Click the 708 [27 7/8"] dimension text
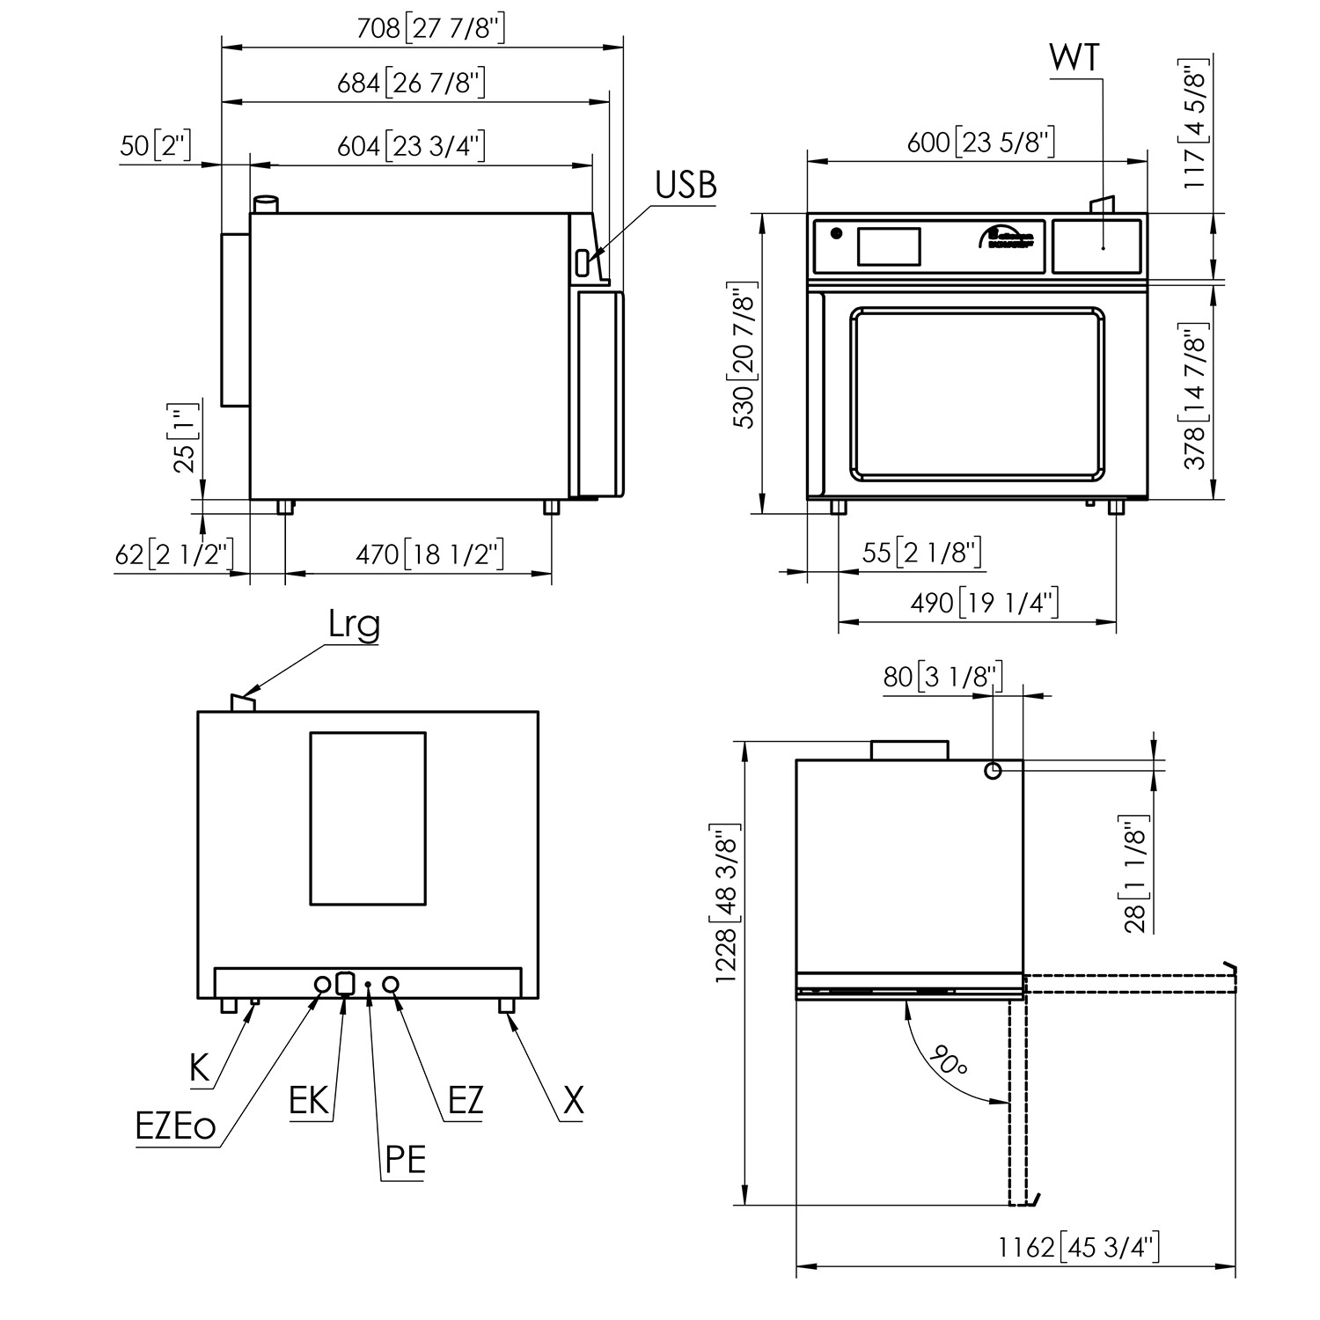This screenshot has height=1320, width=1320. (x=431, y=28)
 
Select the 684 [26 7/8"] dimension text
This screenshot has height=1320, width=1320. (x=412, y=83)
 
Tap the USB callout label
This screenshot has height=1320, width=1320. (x=686, y=187)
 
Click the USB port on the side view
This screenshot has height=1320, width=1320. (x=583, y=261)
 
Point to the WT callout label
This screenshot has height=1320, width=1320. (x=1074, y=59)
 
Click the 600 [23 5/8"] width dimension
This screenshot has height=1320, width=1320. (x=980, y=143)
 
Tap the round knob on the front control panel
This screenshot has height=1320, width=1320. (x=836, y=234)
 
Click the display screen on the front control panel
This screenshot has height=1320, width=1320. (x=889, y=246)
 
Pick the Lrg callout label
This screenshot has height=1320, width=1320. (x=354, y=625)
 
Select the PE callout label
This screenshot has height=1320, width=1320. (x=405, y=1161)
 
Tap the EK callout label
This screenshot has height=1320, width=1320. (x=309, y=1101)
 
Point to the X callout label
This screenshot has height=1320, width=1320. (x=573, y=1101)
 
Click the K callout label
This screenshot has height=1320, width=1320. (x=201, y=1068)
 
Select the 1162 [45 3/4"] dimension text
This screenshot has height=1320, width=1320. (x=1079, y=1247)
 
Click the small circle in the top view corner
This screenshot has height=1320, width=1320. (x=993, y=771)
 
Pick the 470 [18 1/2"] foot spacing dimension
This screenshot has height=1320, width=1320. (x=429, y=554)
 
